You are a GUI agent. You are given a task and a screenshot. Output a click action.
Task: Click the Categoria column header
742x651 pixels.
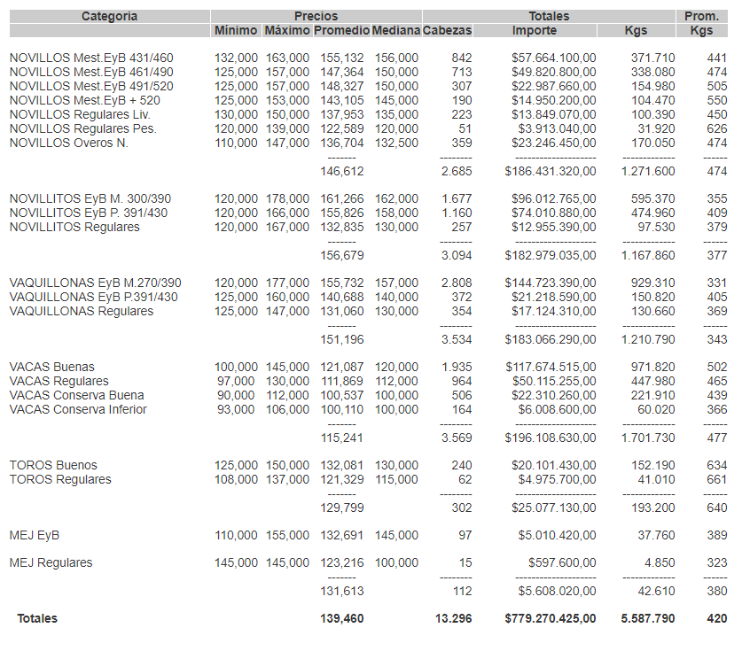(109, 16)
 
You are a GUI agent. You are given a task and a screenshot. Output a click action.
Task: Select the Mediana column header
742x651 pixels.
(395, 30)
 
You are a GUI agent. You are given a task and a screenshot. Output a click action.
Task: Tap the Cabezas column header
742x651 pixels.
(448, 30)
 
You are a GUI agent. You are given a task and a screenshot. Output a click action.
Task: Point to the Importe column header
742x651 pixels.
(535, 30)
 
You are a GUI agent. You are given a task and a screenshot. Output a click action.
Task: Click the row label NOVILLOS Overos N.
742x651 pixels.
(68, 143)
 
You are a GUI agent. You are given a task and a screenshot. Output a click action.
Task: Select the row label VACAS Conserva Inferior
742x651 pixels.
(78, 409)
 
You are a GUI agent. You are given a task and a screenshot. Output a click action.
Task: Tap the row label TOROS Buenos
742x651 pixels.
(53, 465)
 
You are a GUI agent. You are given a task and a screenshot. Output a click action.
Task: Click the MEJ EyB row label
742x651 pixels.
(35, 535)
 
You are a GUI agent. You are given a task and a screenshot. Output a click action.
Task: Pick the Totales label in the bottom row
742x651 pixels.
(37, 618)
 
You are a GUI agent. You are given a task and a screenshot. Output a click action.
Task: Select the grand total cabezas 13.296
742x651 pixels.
(454, 618)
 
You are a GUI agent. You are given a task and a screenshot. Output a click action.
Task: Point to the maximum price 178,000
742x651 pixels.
(287, 198)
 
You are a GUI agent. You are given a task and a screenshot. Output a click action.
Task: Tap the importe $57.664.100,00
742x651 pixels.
(553, 58)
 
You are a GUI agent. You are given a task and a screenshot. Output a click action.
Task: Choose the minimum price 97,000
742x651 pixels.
(236, 381)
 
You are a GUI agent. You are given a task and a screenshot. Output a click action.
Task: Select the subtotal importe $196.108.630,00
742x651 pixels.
(550, 437)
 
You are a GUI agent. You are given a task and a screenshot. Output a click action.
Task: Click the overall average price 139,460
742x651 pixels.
(341, 618)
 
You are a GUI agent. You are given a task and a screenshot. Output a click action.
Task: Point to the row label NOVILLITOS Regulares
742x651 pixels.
(74, 227)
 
